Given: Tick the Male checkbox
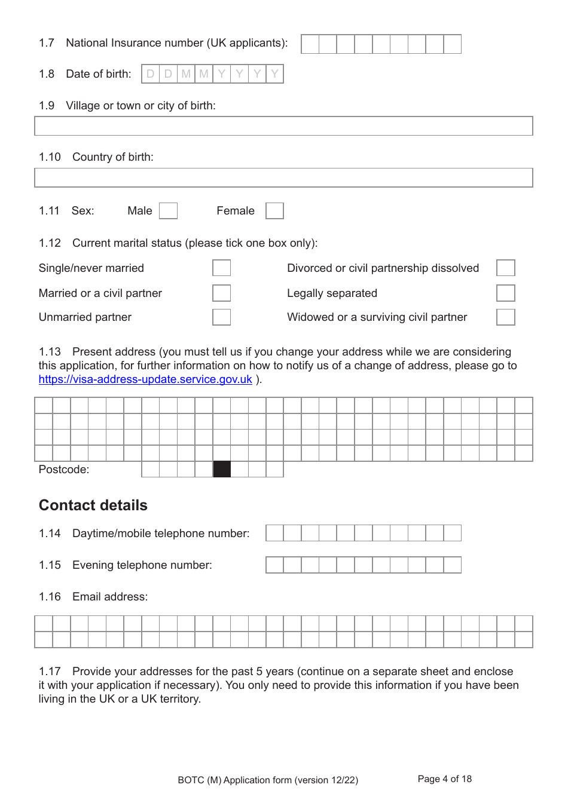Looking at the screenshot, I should pyautogui.click(x=169, y=211).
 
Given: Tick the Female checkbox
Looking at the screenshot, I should pyautogui.click(x=274, y=211).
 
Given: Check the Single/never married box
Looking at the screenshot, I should pyautogui.click(x=221, y=268).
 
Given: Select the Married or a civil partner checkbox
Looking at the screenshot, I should pyautogui.click(x=221, y=293).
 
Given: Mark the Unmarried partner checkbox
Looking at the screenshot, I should pyautogui.click(x=221, y=317).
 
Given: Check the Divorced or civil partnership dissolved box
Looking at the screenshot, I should pyautogui.click(x=505, y=268).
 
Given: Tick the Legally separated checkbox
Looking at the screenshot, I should pyautogui.click(x=505, y=293).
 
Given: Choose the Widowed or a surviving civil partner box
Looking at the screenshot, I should pyautogui.click(x=505, y=317).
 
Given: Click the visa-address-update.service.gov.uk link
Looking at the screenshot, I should pyautogui.click(x=145, y=379).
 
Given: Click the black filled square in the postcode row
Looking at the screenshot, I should pyautogui.click(x=222, y=469).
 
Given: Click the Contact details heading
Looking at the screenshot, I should pyautogui.click(x=93, y=505).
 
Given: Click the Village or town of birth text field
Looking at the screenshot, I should pyautogui.click(x=283, y=126).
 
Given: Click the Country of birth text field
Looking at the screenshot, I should pyautogui.click(x=283, y=177).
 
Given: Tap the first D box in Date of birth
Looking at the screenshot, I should pyautogui.click(x=151, y=74).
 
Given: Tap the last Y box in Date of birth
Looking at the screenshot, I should pyautogui.click(x=274, y=74).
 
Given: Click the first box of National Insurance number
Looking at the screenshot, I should pyautogui.click(x=310, y=44).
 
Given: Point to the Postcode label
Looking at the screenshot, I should pyautogui.click(x=64, y=470).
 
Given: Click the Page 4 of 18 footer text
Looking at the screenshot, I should pyautogui.click(x=444, y=779).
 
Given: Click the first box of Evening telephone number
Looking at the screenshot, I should pyautogui.click(x=274, y=565).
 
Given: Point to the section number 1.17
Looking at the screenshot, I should pyautogui.click(x=50, y=672).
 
